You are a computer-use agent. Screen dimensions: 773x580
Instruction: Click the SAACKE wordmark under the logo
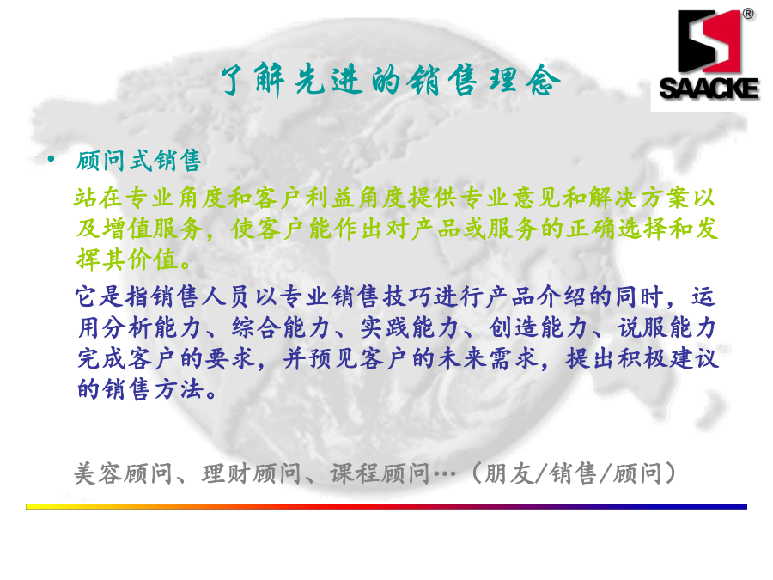click(x=709, y=89)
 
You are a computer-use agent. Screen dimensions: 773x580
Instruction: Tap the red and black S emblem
click(x=709, y=41)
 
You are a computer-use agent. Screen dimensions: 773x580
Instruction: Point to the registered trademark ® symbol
click(x=748, y=14)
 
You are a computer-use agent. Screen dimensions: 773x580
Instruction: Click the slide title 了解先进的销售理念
click(x=391, y=80)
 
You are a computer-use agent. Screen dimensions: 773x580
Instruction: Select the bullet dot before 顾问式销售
click(x=51, y=159)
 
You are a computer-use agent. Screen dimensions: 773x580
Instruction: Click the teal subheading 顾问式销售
click(x=138, y=161)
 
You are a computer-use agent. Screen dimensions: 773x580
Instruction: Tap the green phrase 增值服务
click(x=153, y=229)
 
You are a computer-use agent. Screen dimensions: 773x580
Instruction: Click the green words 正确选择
click(x=616, y=229)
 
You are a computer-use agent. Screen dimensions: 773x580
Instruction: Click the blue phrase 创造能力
click(x=539, y=327)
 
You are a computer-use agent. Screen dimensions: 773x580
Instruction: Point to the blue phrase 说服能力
click(x=667, y=327)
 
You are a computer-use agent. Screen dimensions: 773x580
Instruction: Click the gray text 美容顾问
click(x=124, y=473)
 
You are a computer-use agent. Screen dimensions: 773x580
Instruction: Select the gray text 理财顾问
click(x=252, y=473)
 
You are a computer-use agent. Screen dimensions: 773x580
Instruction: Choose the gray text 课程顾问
click(x=380, y=473)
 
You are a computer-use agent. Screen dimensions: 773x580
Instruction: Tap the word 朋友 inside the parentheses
click(x=509, y=473)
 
